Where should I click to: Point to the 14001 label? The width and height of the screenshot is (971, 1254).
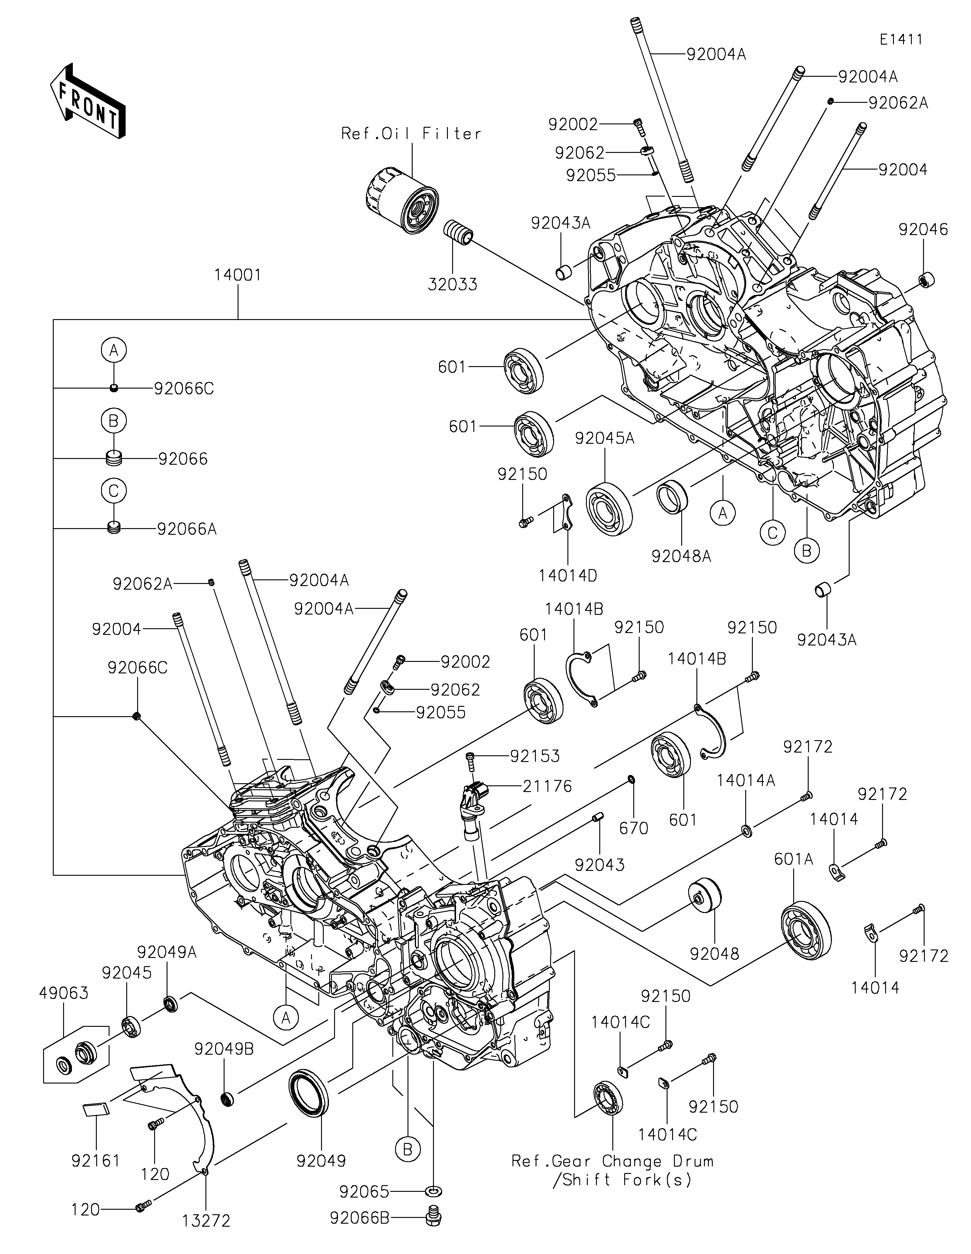click(238, 275)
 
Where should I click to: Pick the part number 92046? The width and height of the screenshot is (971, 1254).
click(923, 230)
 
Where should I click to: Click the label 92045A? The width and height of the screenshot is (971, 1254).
click(605, 439)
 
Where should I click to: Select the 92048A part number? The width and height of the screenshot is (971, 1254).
click(681, 556)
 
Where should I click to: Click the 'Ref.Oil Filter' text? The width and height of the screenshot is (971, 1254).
click(411, 134)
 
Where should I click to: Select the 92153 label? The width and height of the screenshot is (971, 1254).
click(535, 756)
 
